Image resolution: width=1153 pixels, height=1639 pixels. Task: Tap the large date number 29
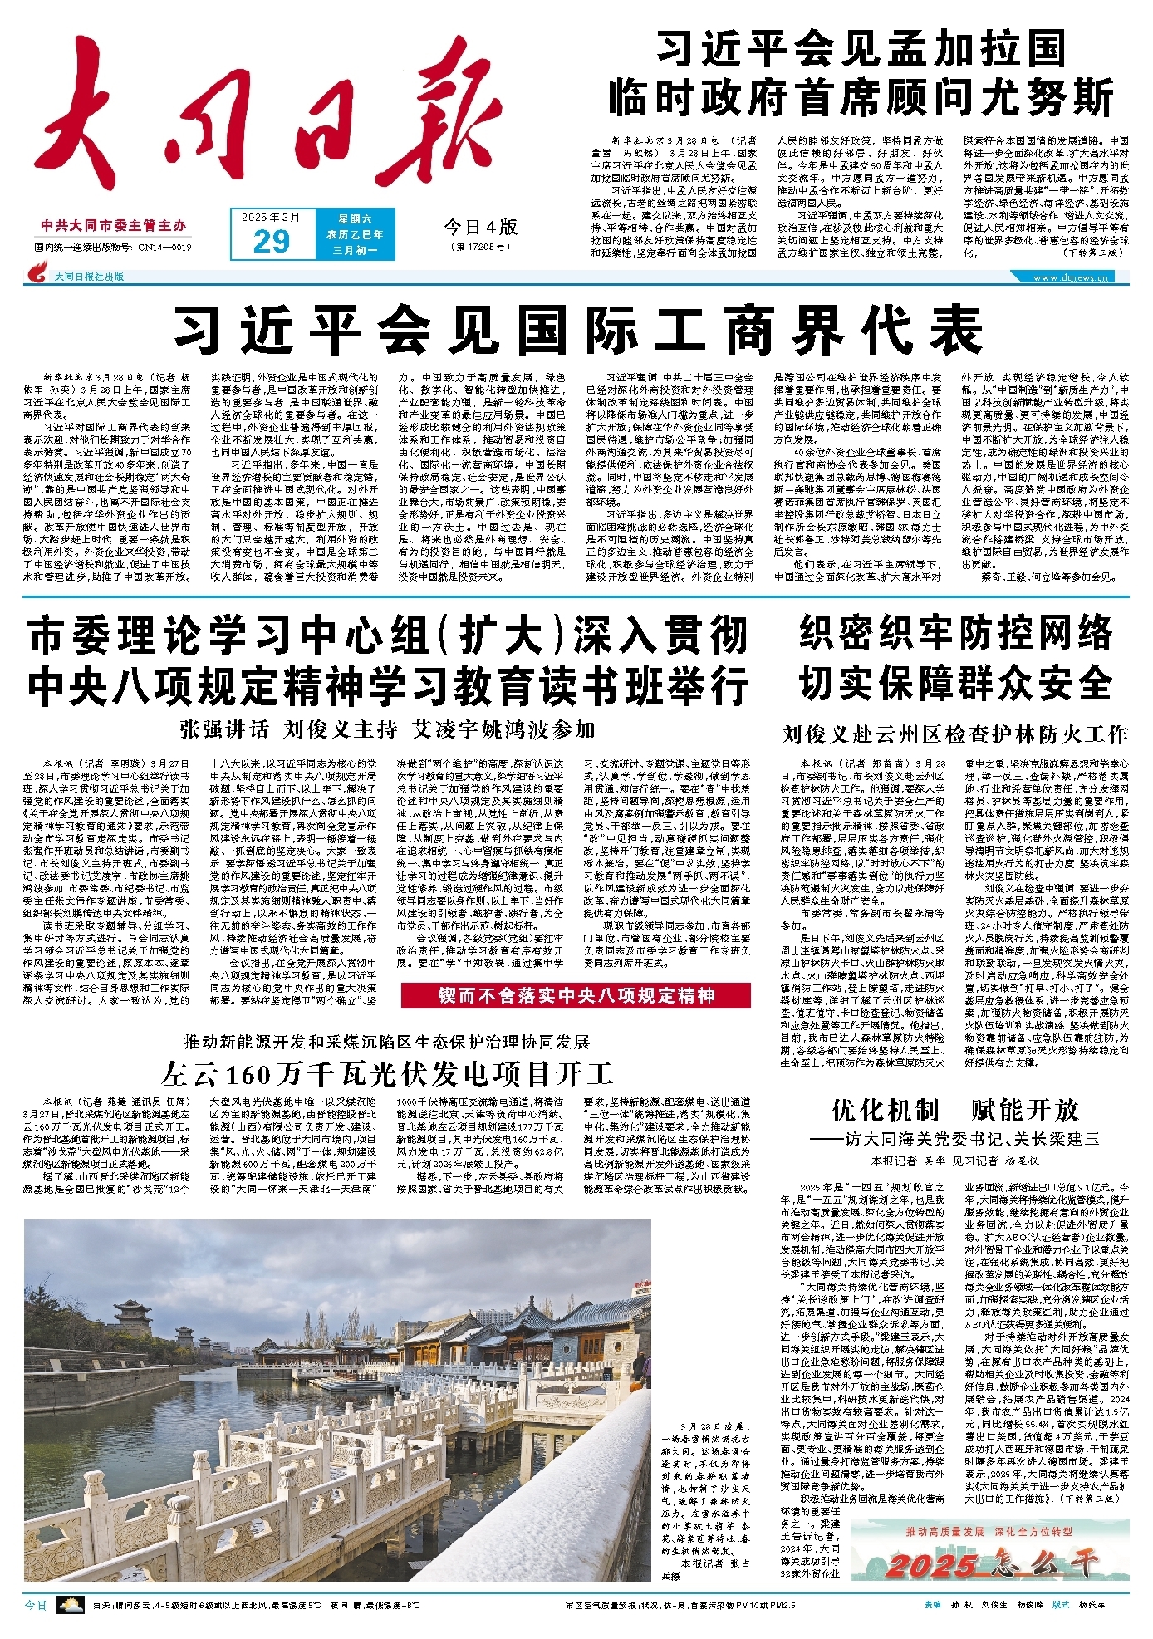(x=271, y=241)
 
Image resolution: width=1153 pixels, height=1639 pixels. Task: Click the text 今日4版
(x=480, y=227)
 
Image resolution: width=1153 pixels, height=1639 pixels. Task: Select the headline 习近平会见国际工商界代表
(x=578, y=330)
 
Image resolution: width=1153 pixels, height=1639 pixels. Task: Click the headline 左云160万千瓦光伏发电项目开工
(x=387, y=1074)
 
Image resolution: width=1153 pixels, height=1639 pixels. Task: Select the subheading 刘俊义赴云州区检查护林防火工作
(x=954, y=734)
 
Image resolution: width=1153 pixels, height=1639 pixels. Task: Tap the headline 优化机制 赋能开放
(x=954, y=1110)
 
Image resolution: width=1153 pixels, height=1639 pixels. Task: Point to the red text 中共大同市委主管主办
(x=115, y=225)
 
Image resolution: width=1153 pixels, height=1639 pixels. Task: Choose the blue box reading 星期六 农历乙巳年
(x=361, y=234)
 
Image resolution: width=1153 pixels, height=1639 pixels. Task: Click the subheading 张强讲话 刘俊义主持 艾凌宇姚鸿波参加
(x=387, y=729)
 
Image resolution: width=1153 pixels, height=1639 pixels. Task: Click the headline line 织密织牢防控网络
(x=954, y=635)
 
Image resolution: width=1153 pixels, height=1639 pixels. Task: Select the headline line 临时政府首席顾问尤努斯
(x=861, y=98)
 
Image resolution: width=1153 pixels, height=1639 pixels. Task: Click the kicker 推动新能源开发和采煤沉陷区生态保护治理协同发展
(x=387, y=1042)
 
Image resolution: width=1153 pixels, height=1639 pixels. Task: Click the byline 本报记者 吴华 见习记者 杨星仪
(x=954, y=1161)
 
